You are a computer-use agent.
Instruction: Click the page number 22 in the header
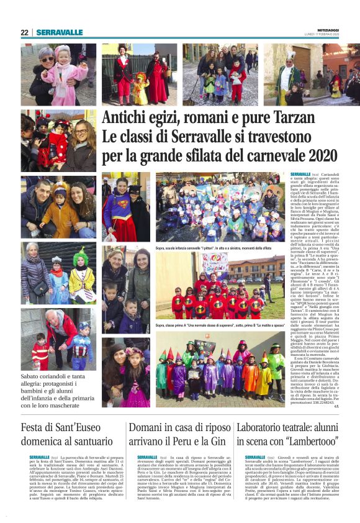click(24, 32)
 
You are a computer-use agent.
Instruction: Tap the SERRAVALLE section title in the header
click(60, 32)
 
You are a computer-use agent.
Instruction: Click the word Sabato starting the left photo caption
click(34, 376)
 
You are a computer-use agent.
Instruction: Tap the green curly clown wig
click(81, 258)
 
